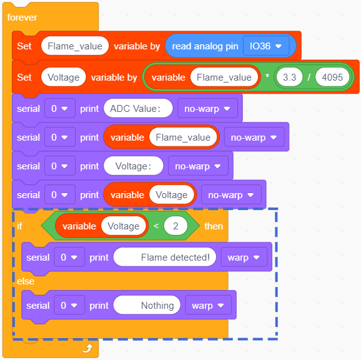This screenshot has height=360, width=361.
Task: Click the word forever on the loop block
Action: [x=22, y=17]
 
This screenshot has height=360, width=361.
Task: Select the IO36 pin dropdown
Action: [x=266, y=46]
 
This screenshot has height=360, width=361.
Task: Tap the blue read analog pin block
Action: [x=230, y=46]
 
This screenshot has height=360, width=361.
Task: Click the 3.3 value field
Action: [x=289, y=77]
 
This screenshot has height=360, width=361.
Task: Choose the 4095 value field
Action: [x=332, y=77]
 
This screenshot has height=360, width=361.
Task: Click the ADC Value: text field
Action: [x=138, y=108]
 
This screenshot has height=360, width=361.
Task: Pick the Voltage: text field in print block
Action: [x=134, y=166]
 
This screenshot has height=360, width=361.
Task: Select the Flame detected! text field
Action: [x=165, y=257]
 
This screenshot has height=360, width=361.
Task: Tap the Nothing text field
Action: [x=147, y=306]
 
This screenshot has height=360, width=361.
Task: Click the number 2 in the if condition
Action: [x=176, y=226]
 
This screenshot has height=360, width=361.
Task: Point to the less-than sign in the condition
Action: [x=156, y=226]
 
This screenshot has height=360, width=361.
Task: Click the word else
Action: [x=26, y=281]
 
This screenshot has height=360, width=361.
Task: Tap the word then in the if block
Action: [x=214, y=226]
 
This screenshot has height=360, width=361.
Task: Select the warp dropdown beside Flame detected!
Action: [x=244, y=257]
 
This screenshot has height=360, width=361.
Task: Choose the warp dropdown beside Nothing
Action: [x=208, y=306]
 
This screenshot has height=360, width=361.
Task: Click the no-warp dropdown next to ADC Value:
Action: [x=207, y=108]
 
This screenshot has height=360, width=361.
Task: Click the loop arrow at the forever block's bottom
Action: [x=87, y=348]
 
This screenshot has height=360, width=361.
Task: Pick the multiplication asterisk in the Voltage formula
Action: [x=267, y=76]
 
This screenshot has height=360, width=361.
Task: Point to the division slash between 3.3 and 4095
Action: [x=309, y=77]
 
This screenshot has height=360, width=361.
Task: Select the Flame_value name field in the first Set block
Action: [x=75, y=46]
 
